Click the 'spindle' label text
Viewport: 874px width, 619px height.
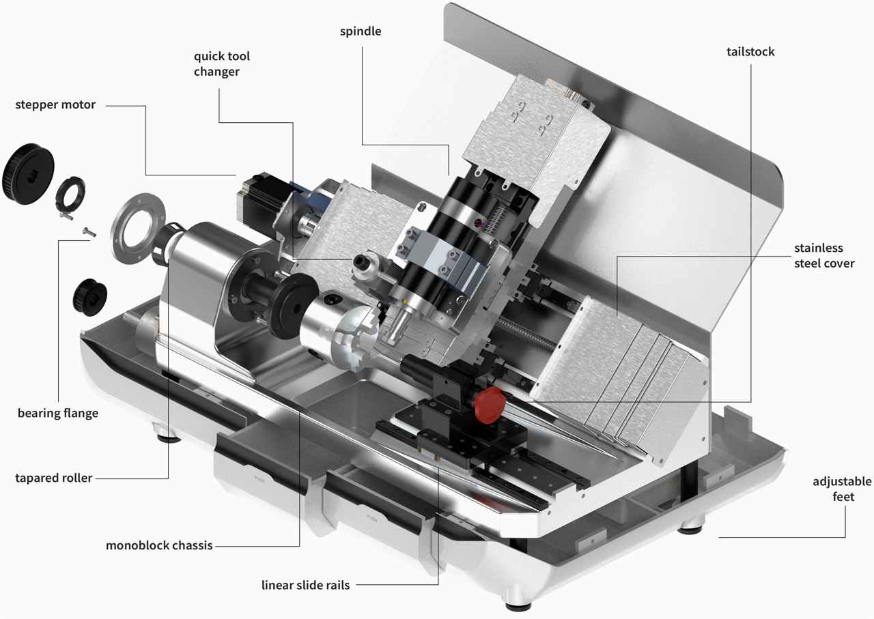tap(361, 31)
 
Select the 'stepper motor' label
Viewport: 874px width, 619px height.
tap(55, 105)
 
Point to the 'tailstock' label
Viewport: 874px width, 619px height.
tap(750, 52)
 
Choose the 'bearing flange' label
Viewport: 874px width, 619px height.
tap(58, 413)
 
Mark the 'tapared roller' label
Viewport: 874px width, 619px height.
tap(53, 478)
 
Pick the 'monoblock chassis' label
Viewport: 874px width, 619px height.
tap(159, 545)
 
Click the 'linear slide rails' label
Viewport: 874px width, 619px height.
tap(306, 585)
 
